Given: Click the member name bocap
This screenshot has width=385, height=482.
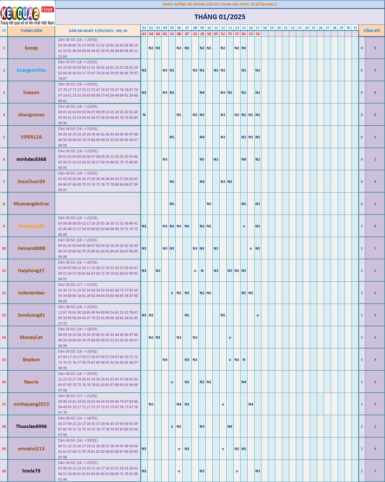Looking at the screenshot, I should click(31, 48).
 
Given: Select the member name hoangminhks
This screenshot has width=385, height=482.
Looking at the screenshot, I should click(31, 70).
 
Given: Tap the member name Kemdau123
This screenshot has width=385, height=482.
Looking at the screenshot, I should click(31, 226).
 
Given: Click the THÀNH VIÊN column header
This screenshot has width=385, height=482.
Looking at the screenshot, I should click(31, 31).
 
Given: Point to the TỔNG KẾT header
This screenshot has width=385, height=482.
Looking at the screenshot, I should click(372, 31).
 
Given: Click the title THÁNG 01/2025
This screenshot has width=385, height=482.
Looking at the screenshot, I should click(220, 17).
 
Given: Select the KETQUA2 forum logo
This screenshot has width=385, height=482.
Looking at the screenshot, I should click(27, 13).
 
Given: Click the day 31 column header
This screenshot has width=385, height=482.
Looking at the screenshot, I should click(355, 28).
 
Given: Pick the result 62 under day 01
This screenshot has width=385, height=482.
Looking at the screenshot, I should click(144, 34).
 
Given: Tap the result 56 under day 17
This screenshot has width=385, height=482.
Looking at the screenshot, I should click(258, 34).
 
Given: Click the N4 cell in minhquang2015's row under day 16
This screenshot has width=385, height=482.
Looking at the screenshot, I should click(251, 404).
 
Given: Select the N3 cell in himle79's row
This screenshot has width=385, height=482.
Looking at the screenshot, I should click(258, 471).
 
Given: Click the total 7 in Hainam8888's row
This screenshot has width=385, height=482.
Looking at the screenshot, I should click(375, 248).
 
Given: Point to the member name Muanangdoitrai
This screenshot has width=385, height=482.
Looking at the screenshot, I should click(31, 204).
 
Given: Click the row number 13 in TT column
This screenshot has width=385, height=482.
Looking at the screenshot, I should click(4, 315).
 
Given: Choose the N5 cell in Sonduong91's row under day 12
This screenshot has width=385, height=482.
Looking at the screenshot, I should click(223, 315).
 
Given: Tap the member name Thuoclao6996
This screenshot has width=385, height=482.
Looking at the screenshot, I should click(31, 426).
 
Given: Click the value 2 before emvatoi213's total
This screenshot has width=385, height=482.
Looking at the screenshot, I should click(362, 449).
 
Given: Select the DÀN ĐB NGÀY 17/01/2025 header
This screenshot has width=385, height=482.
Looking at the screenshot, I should click(98, 31).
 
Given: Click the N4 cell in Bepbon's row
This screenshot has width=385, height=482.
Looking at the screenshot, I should click(165, 360).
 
